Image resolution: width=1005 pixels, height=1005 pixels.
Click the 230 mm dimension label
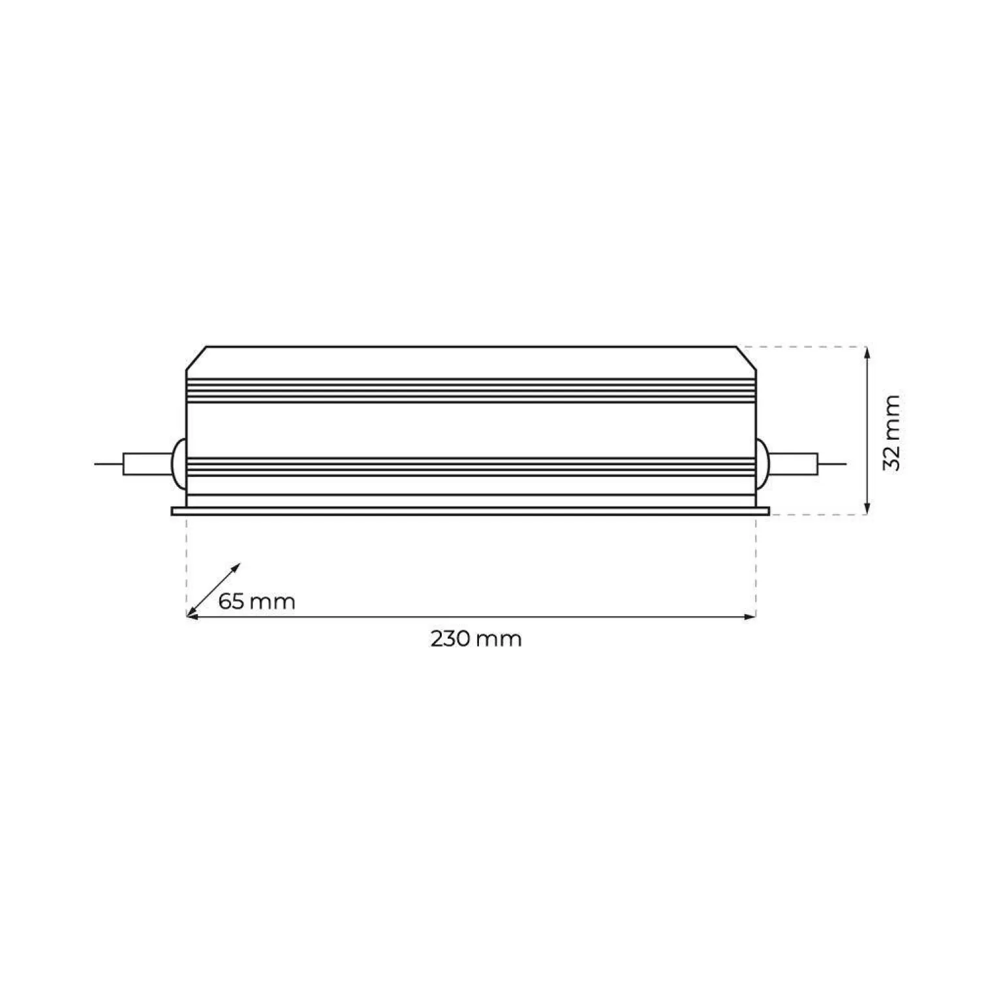[x=476, y=639]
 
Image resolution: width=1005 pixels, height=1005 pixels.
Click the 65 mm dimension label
[x=256, y=600]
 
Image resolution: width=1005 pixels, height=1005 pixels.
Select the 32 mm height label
[x=891, y=431]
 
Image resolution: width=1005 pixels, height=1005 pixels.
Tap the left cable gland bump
[x=177, y=464]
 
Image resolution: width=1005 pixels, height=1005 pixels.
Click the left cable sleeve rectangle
[x=146, y=464]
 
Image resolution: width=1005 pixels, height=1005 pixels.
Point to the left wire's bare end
[x=108, y=464]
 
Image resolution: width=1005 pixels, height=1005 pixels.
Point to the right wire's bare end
[x=833, y=464]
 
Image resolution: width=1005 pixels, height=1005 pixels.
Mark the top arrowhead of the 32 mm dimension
[x=867, y=351]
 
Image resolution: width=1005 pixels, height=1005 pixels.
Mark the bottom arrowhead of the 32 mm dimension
[x=867, y=510]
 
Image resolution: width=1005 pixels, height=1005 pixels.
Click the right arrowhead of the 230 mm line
[x=750, y=616]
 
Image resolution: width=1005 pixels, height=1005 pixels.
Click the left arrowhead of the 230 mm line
[x=192, y=616]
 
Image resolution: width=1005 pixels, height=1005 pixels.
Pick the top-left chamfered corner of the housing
[x=196, y=358]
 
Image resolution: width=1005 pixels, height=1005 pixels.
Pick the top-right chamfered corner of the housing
[x=747, y=358]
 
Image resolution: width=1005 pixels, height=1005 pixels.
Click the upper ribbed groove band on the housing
[x=471, y=390]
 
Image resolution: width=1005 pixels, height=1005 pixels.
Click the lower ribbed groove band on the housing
[x=471, y=467]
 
